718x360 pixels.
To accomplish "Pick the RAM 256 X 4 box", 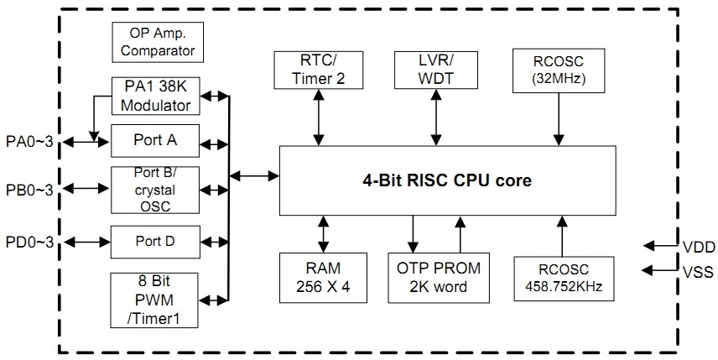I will (x=322, y=277).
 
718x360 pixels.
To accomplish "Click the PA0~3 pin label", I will (x=30, y=140).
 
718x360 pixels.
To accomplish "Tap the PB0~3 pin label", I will (x=30, y=191).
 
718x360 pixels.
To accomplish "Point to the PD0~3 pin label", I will (x=30, y=243).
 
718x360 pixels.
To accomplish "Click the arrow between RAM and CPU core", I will (x=322, y=233).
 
